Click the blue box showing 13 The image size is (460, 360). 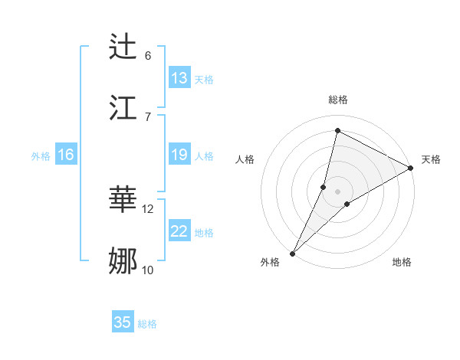pyautogui.click(x=179, y=78)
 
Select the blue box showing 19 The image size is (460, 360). pyautogui.click(x=179, y=155)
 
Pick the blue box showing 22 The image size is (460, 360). pyautogui.click(x=179, y=231)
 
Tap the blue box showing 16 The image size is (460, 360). pyautogui.click(x=66, y=155)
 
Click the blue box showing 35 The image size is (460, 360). pyautogui.click(x=123, y=322)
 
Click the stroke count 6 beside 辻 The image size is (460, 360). pyautogui.click(x=148, y=55)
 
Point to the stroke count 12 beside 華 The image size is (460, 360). pyautogui.click(x=148, y=208)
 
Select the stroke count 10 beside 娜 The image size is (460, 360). pyautogui.click(x=148, y=270)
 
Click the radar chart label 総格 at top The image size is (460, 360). pyautogui.click(x=337, y=100)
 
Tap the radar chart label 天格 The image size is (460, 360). pyautogui.click(x=431, y=159)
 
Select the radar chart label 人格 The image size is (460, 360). pyautogui.click(x=245, y=159)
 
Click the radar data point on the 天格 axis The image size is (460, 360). pyautogui.click(x=411, y=168)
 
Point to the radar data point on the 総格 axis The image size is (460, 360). pyautogui.click(x=337, y=130)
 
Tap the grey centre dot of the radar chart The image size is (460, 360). pyautogui.click(x=337, y=191)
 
